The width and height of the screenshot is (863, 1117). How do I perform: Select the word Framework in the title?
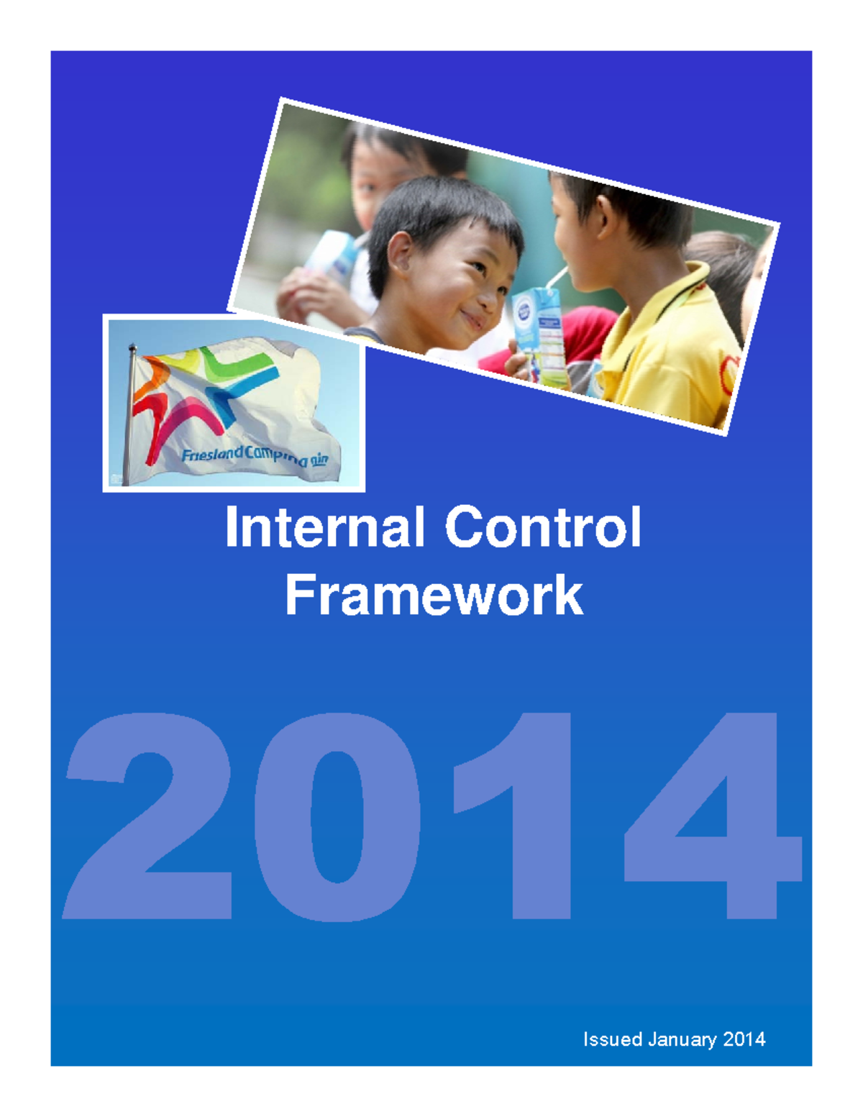(x=434, y=595)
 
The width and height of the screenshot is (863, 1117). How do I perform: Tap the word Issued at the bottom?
(x=612, y=1039)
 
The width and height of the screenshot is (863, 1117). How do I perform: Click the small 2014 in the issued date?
(x=744, y=1039)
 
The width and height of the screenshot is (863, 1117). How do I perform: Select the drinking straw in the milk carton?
(x=557, y=276)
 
